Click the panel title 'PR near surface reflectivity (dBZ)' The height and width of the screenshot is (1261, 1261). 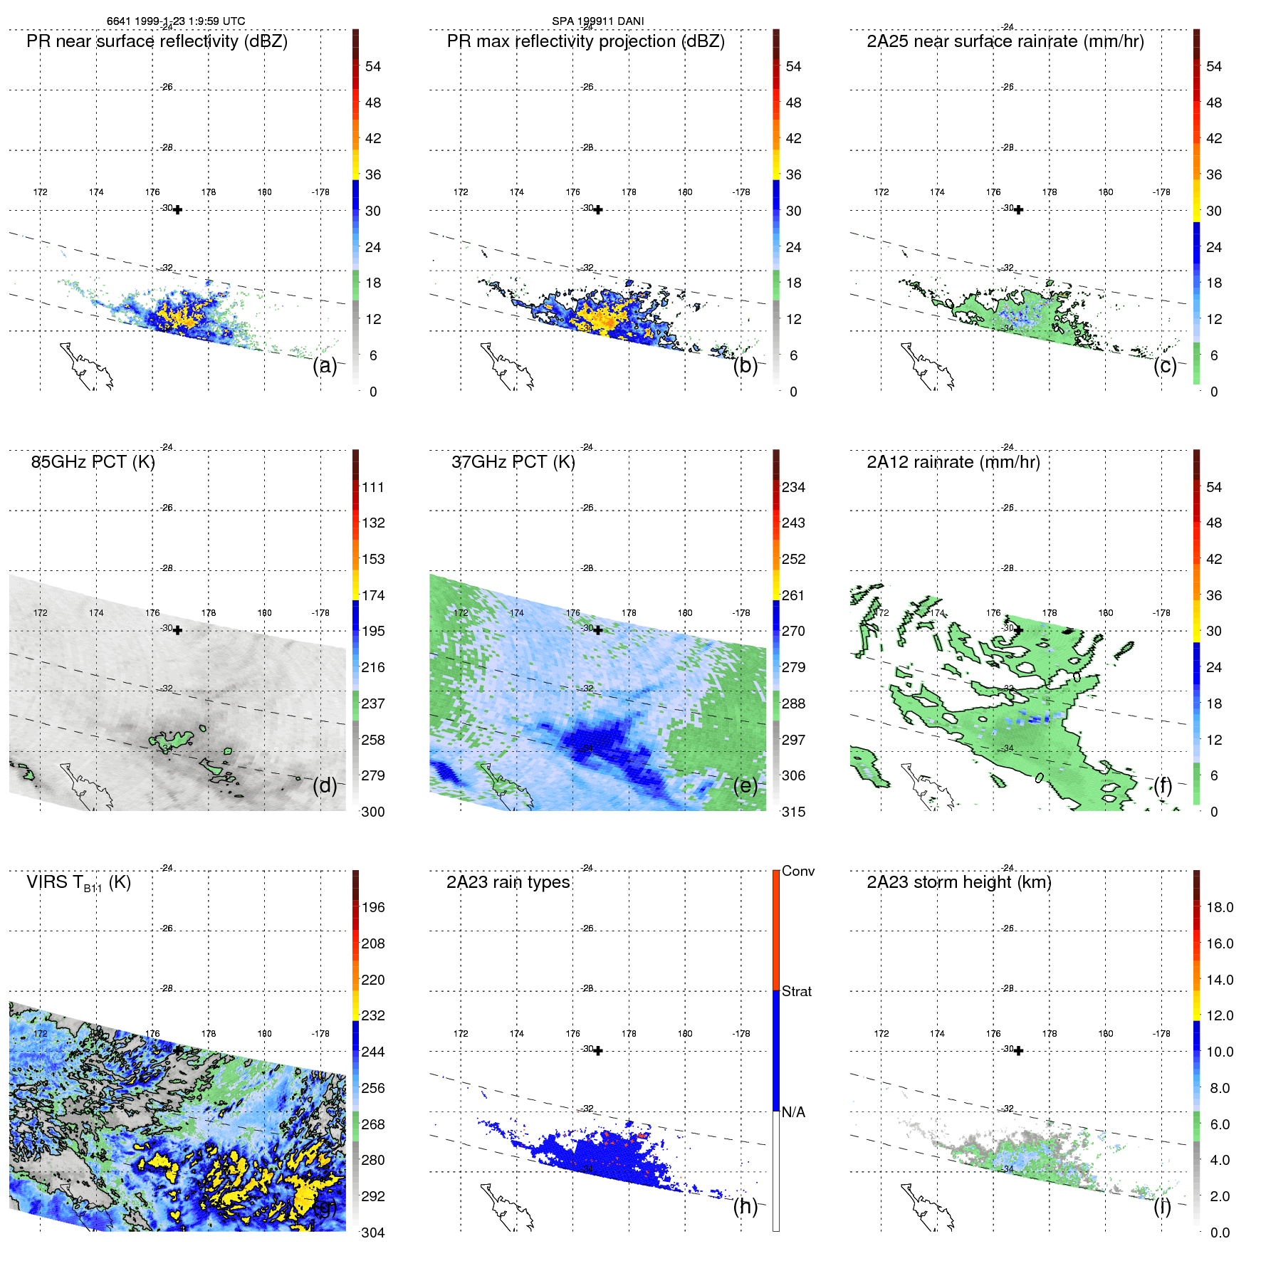157,41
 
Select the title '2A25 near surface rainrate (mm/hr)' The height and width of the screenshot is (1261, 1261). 1005,41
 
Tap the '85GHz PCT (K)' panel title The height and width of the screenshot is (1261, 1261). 93,462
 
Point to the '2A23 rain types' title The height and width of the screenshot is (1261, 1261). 508,882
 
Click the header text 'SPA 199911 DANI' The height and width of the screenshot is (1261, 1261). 597,21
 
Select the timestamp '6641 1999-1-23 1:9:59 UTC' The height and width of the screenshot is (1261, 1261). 175,21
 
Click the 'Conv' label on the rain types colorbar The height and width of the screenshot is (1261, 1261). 797,871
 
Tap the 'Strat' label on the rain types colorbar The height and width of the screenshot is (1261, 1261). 796,991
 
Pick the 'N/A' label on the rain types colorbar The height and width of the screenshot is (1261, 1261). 793,1112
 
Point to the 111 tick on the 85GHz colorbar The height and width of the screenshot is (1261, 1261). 372,488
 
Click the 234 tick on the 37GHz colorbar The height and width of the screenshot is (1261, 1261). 793,488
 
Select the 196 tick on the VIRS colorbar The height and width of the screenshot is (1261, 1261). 372,908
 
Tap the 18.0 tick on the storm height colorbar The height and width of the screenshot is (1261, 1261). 1219,908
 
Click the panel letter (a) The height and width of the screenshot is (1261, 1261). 325,366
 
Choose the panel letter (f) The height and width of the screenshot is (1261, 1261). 1163,785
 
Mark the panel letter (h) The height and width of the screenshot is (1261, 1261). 745,1206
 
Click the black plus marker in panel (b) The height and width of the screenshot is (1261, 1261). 598,209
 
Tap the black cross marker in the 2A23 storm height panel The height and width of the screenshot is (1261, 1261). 1018,1051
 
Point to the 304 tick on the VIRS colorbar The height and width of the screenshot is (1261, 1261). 372,1233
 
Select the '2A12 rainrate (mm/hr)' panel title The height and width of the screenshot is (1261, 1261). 953,462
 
